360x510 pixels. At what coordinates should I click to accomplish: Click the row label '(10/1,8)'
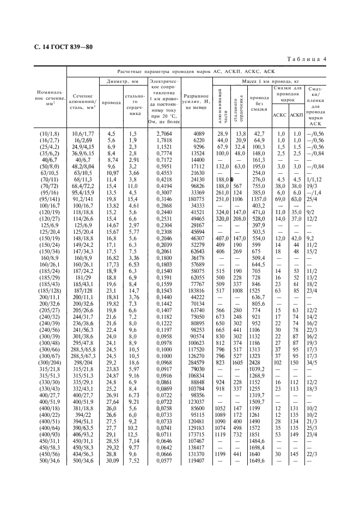tap(47, 133)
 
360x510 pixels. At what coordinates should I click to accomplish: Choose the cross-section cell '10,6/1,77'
tap(83, 133)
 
